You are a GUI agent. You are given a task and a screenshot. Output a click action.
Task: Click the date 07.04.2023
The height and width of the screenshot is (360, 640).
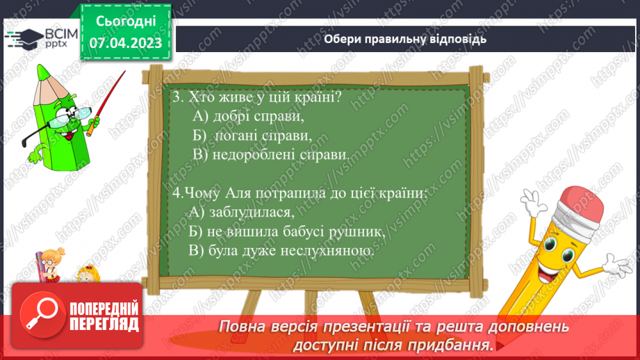[126, 43]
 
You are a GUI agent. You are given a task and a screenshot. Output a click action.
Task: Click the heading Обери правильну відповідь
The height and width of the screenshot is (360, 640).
[404, 39]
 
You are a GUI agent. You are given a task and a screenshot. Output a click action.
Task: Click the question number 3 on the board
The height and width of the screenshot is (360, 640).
[177, 97]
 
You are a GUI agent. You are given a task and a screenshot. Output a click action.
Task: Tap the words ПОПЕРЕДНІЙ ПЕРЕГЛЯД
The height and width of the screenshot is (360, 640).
[105, 316]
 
